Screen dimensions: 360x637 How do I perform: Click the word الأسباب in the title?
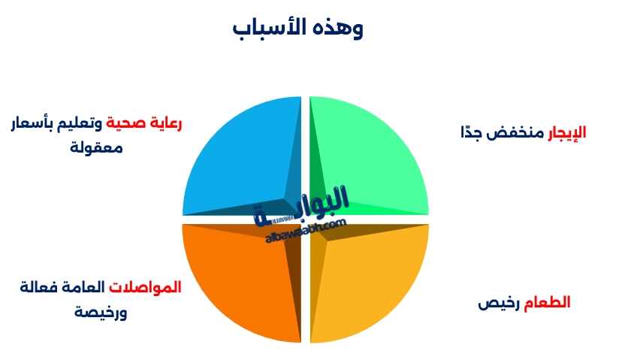tap(270, 28)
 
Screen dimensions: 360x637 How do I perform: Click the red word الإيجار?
tap(566, 133)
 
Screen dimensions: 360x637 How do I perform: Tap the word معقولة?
tap(96, 147)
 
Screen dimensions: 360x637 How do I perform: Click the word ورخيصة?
tap(101, 311)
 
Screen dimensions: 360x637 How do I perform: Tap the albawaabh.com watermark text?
tap(305, 231)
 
